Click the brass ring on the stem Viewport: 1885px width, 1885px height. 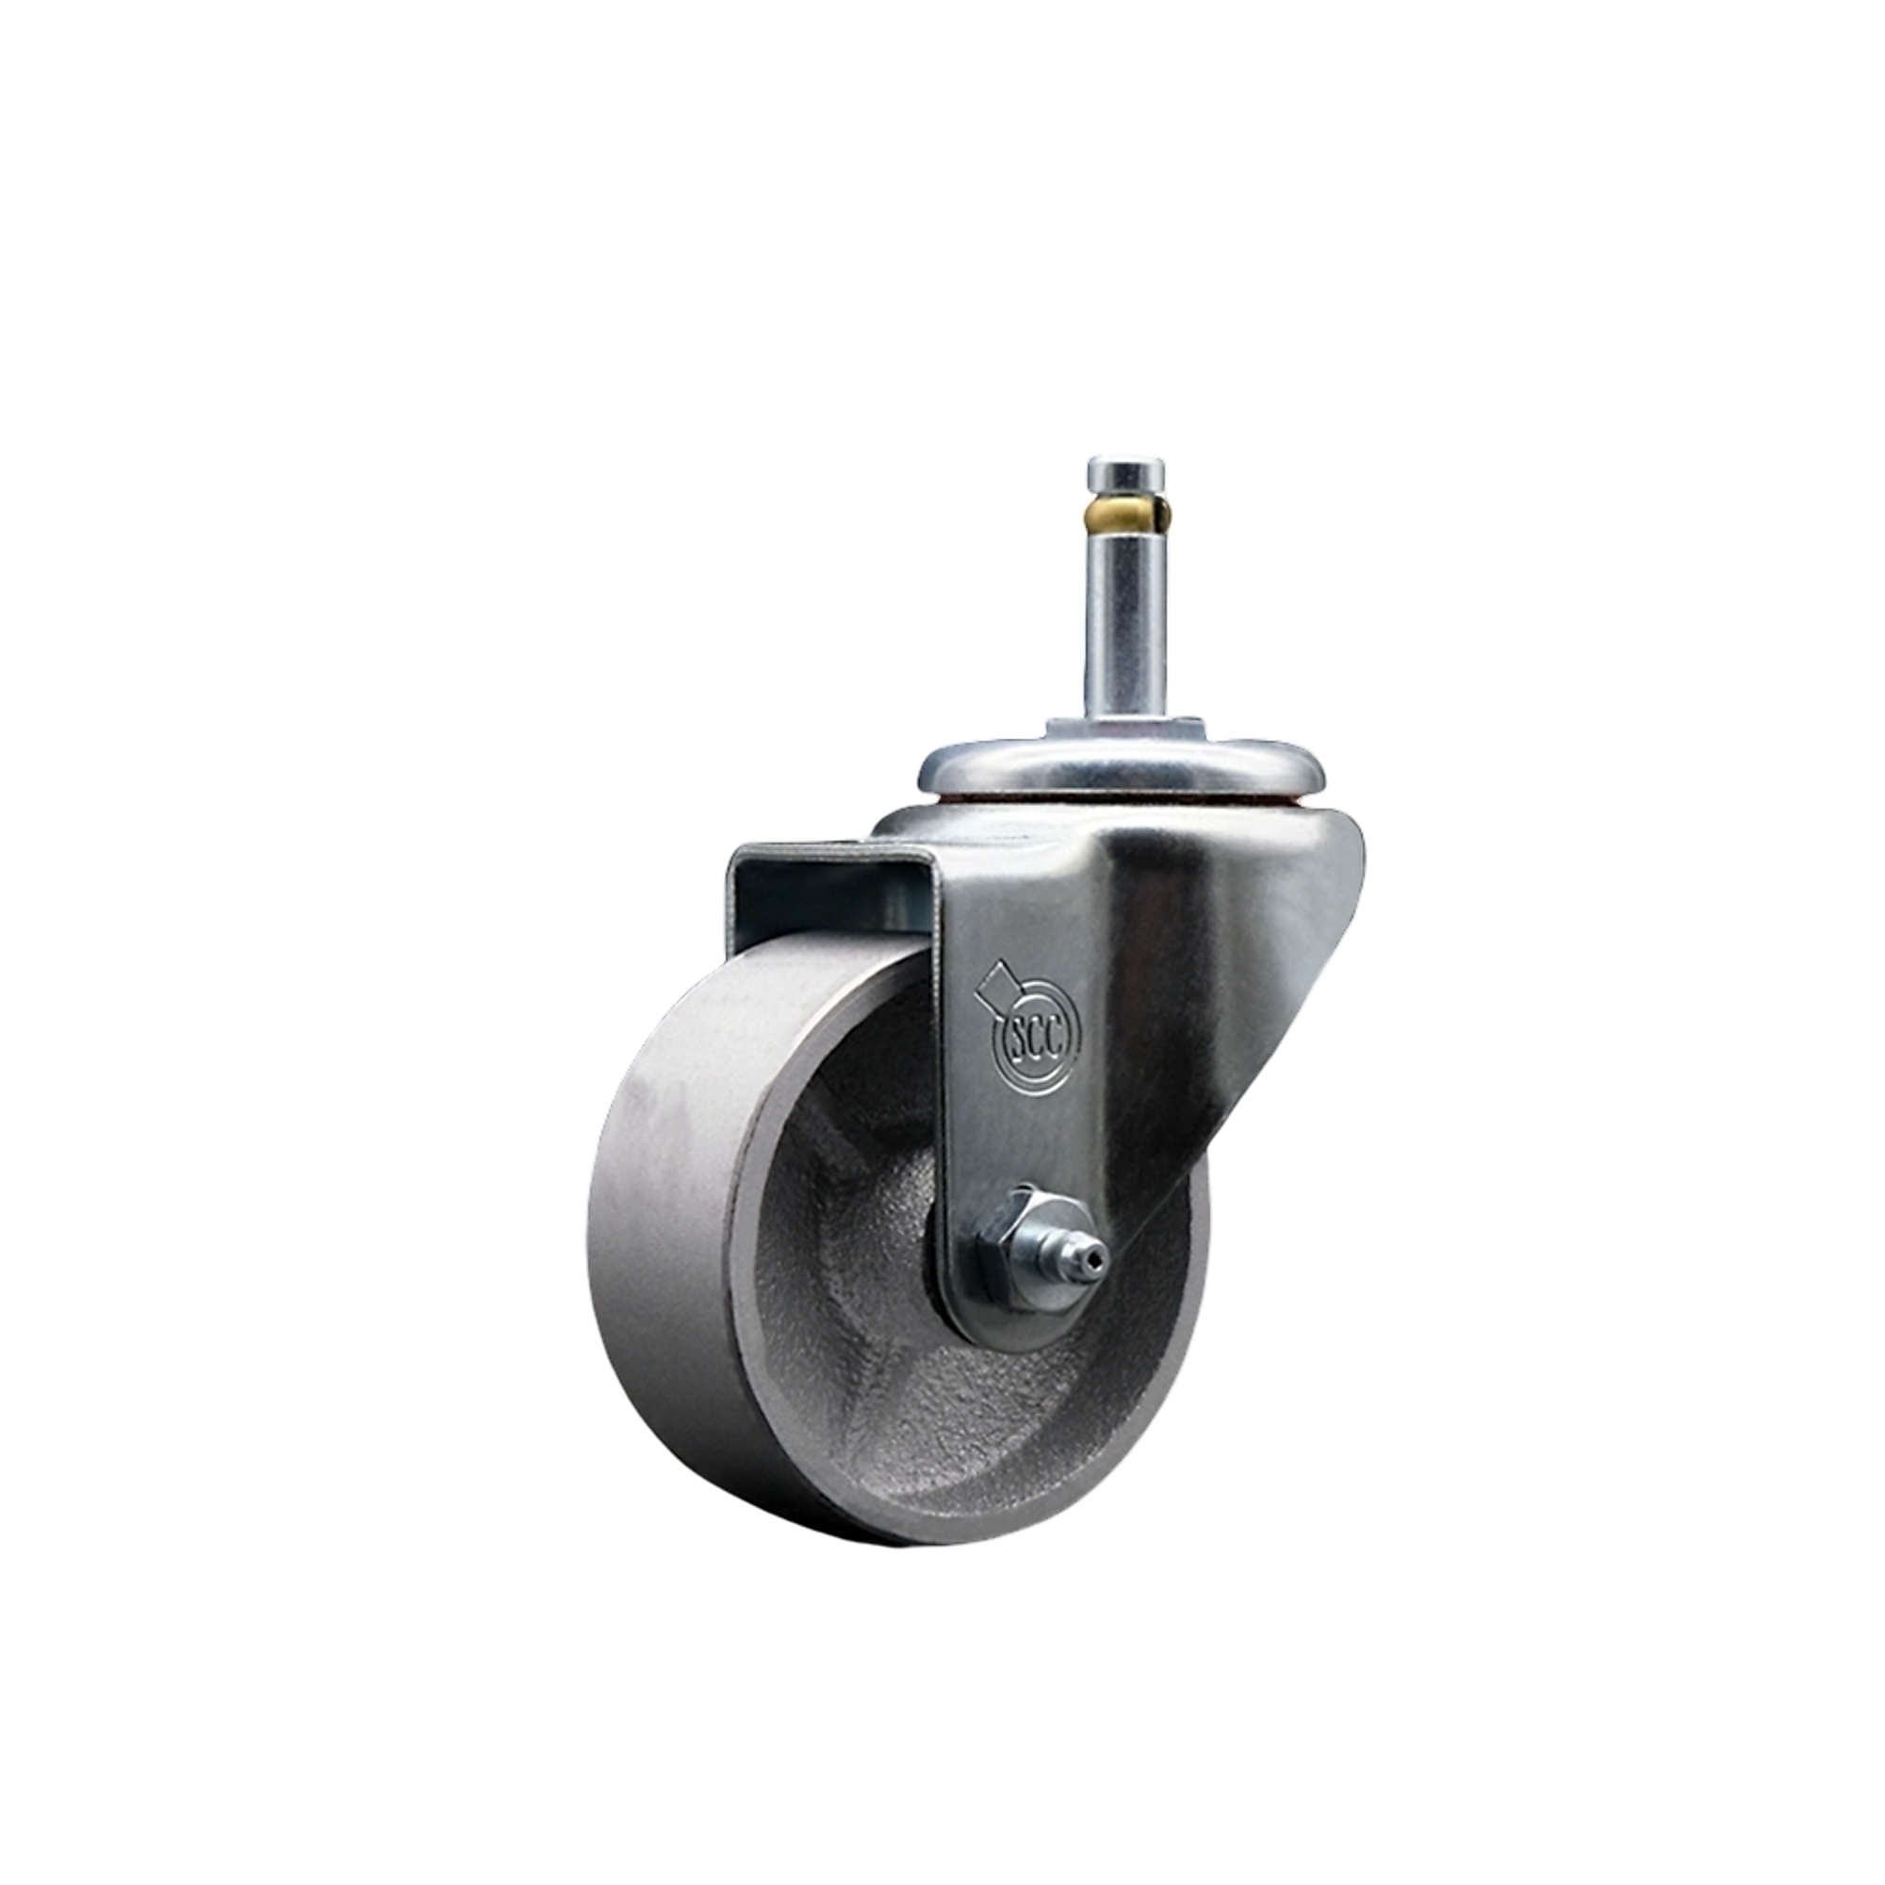[1122, 508]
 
